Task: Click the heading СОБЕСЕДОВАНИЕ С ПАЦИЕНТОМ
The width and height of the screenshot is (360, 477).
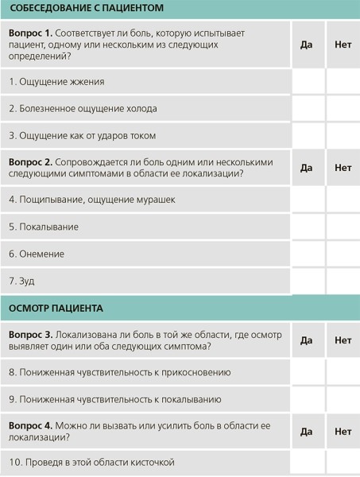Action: [x=87, y=9]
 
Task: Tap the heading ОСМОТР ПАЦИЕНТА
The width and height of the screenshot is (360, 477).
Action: [x=56, y=308]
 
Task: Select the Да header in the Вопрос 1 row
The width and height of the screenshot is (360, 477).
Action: [x=307, y=45]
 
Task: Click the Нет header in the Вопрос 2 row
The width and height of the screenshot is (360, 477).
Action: [x=343, y=168]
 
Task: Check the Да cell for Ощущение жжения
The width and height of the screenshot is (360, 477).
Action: [x=308, y=82]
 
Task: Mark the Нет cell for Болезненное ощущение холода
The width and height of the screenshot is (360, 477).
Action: [x=343, y=109]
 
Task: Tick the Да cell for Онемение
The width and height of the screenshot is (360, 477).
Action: [x=308, y=254]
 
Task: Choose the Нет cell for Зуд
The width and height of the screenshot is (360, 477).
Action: [x=343, y=281]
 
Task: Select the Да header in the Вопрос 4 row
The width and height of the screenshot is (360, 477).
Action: [x=307, y=432]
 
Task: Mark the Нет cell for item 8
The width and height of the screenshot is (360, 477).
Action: [x=343, y=372]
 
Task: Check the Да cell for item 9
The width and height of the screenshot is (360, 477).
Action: [x=308, y=399]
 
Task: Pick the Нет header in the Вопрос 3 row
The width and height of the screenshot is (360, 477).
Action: [x=343, y=340]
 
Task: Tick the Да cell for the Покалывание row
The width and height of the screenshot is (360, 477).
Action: [x=308, y=227]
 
